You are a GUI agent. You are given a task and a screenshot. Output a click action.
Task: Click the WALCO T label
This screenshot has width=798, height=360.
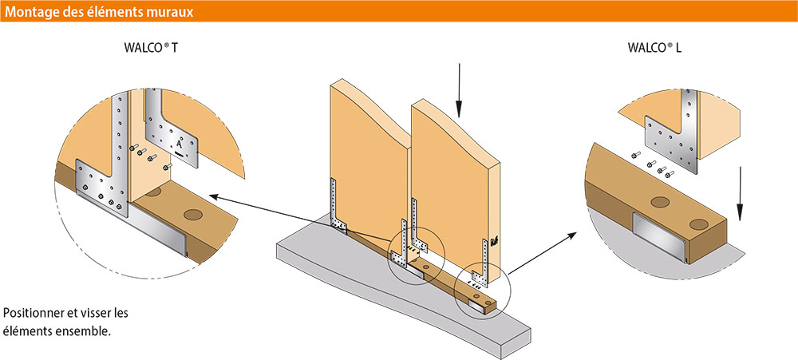click(151, 49)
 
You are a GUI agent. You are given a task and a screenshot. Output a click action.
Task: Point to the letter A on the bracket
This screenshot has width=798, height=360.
click(179, 143)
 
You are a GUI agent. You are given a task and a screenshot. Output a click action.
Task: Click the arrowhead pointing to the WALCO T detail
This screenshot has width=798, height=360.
click(215, 196)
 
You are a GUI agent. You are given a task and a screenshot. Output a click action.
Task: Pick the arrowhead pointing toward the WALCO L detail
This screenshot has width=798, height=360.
click(571, 235)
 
